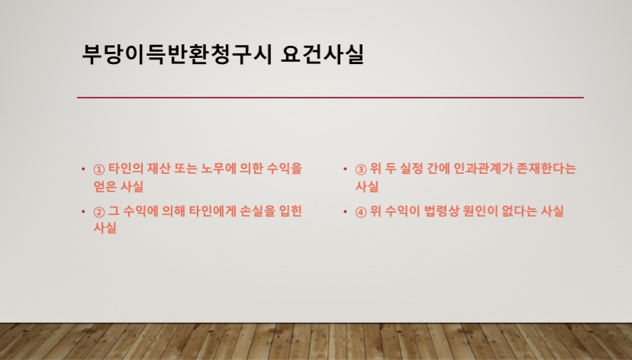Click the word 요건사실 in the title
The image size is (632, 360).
322,54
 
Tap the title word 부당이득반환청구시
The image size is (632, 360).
176,54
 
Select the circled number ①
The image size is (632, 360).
98,169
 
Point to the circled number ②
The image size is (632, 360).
98,212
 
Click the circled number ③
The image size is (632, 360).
361,169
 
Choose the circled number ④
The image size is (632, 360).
361,212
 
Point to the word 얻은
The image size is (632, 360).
105,186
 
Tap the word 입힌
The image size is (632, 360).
291,211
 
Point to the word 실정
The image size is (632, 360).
411,169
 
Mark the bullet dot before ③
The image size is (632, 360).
345,169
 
